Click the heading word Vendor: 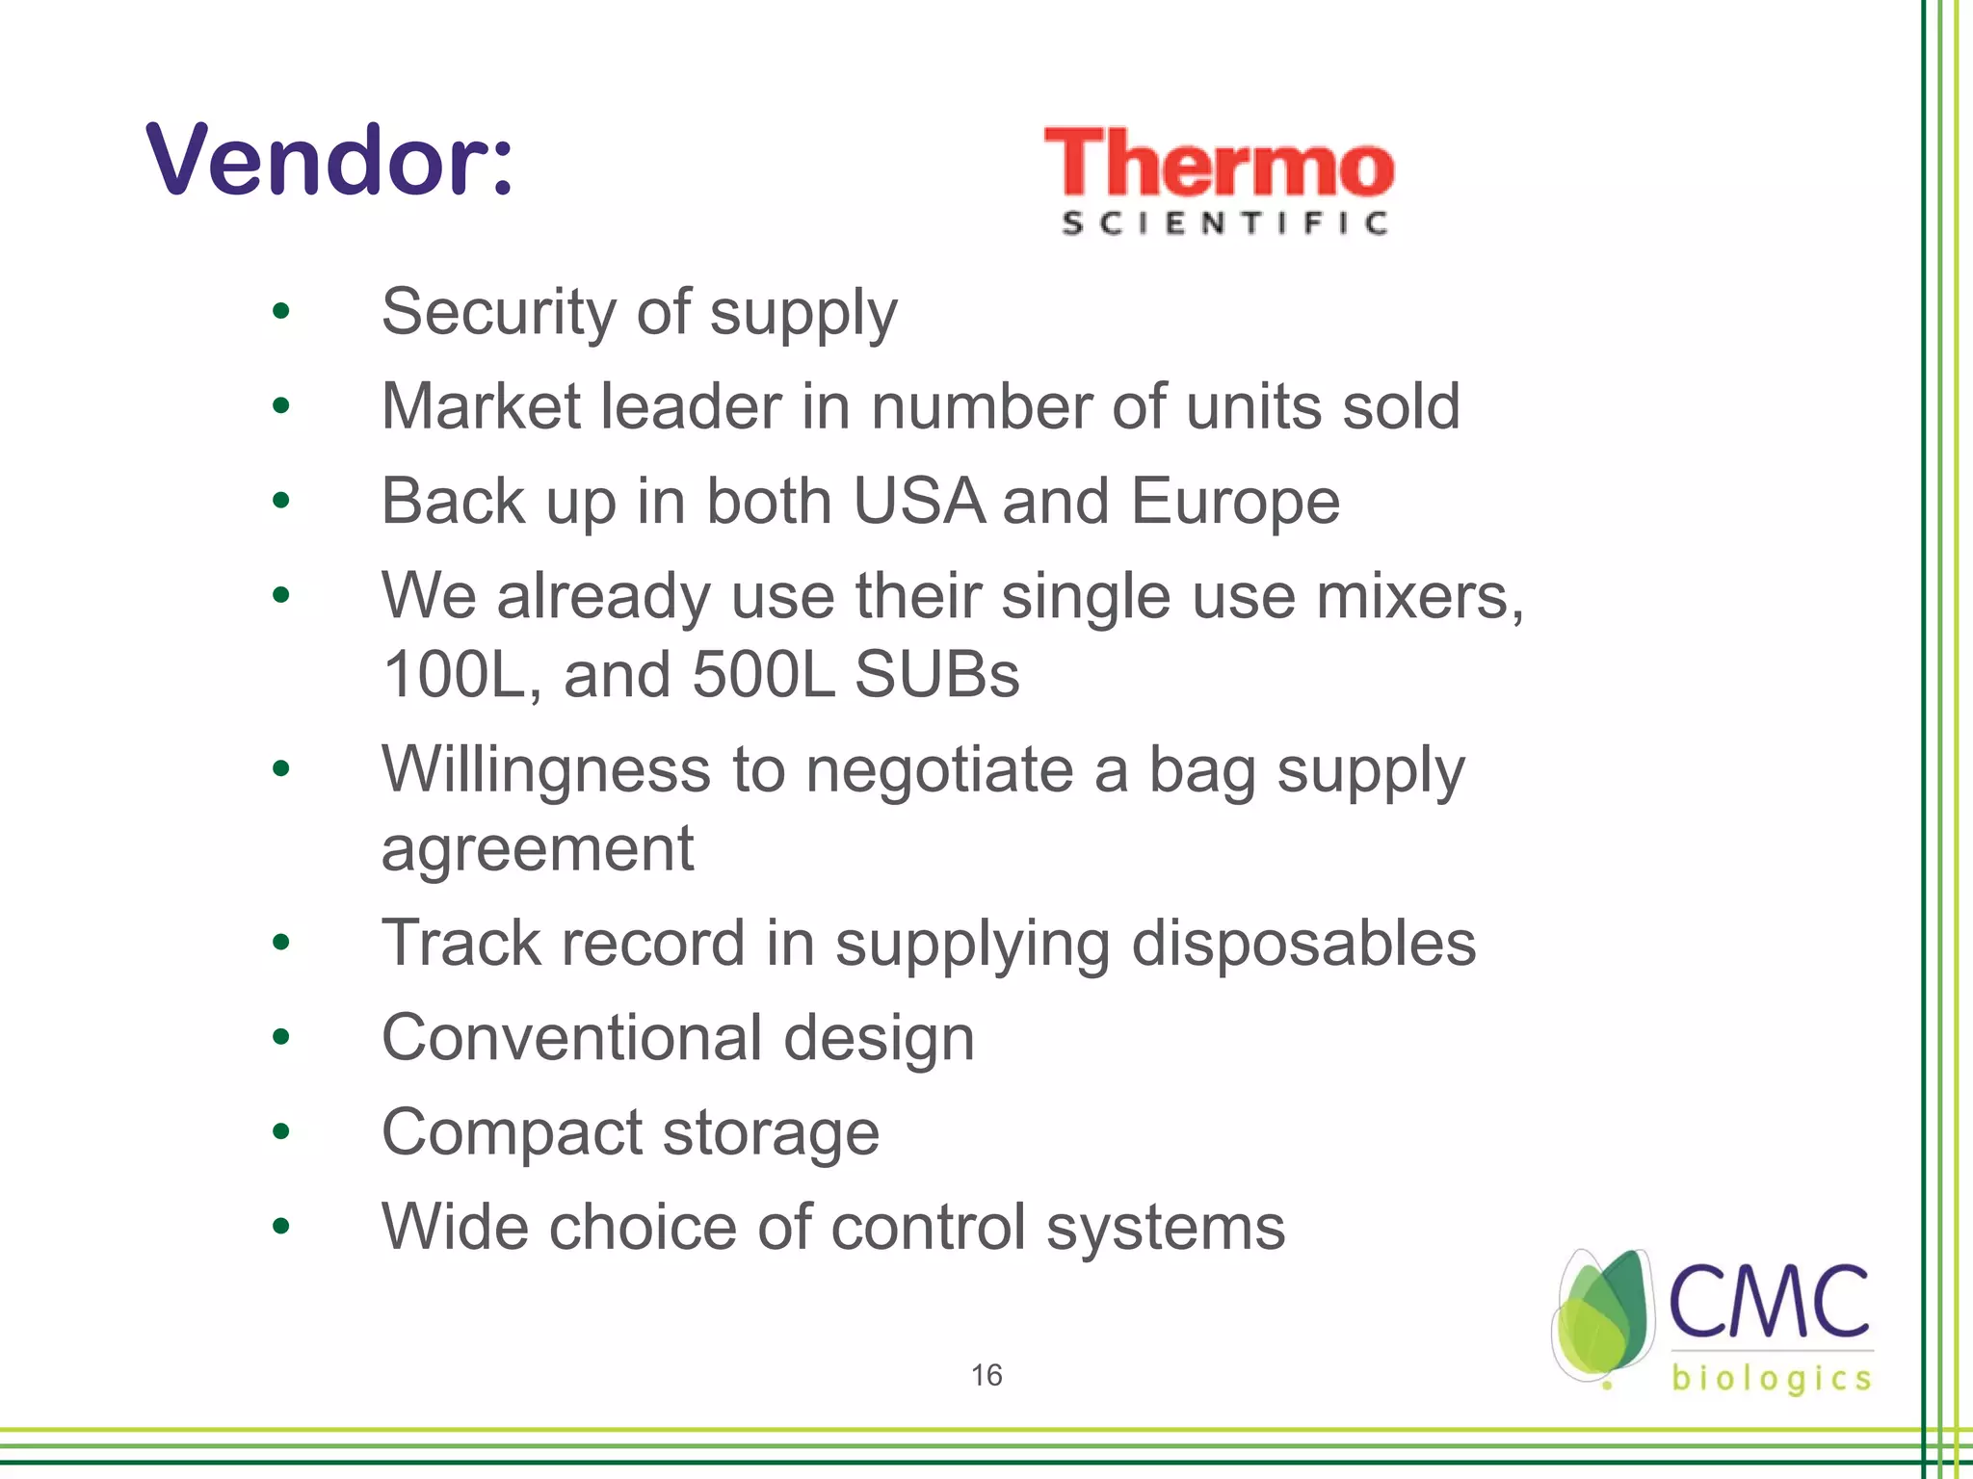tap(329, 160)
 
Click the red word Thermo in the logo tap(1219, 164)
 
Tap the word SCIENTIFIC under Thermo tap(1224, 223)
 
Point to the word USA tap(919, 501)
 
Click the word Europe tap(1234, 503)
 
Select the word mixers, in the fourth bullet tap(1420, 596)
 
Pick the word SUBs tap(936, 674)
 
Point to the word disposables tap(1302, 943)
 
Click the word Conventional tap(572, 1038)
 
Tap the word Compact tap(512, 1132)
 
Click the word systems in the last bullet tap(1165, 1227)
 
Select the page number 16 tap(986, 1375)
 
